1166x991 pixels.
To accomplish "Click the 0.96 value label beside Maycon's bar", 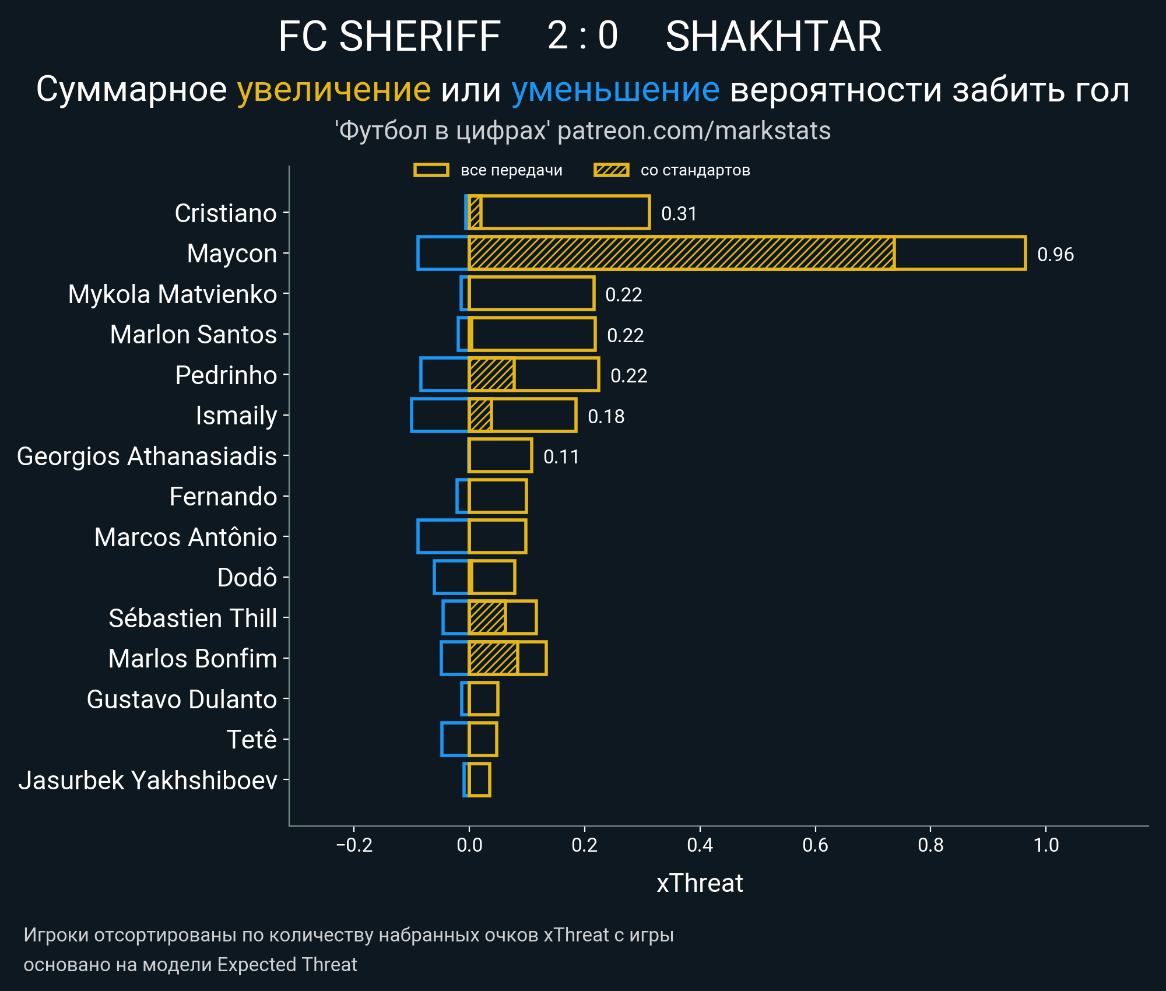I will tap(1055, 254).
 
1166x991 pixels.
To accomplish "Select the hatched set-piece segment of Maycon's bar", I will tap(681, 253).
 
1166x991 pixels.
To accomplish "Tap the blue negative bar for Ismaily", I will tap(440, 415).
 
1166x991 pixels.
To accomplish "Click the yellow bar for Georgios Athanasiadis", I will tap(500, 455).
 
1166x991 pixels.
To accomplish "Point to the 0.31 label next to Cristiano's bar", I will tap(679, 213).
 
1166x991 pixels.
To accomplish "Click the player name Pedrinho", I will tap(226, 375).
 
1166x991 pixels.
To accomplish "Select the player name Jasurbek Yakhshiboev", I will tap(147, 780).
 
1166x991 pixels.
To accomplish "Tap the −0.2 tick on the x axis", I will tap(354, 845).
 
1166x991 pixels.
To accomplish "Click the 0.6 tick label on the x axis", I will tap(815, 845).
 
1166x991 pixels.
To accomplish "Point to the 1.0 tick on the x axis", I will tap(1046, 845).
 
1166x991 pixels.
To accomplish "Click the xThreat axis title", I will tap(700, 883).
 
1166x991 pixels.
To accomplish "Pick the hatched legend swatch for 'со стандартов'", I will tap(611, 170).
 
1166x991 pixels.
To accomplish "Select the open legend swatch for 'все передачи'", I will tap(431, 170).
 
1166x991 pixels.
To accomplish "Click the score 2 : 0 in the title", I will tap(582, 36).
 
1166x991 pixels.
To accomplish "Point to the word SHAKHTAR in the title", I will tap(773, 36).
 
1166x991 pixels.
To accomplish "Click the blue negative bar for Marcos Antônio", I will tap(443, 536).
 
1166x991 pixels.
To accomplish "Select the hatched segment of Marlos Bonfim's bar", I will tap(493, 658).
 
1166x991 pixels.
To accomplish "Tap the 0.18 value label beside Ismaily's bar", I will tap(606, 416).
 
